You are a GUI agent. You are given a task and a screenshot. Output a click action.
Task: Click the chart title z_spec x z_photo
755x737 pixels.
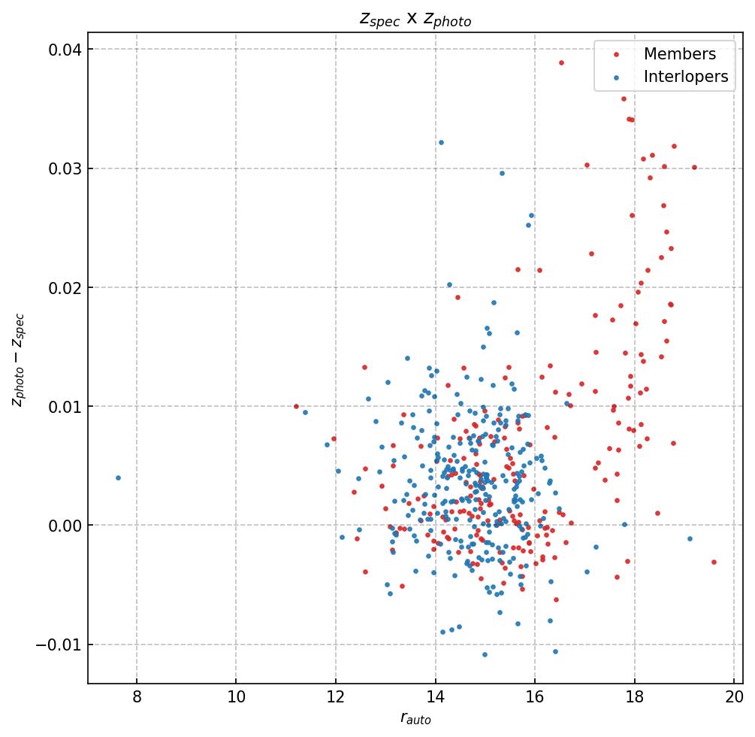(x=415, y=20)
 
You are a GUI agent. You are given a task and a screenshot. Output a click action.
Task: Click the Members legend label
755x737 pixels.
(x=679, y=54)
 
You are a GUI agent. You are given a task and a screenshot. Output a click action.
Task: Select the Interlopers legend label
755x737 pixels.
(x=685, y=77)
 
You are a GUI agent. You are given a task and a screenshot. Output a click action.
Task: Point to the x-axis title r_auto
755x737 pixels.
(x=415, y=719)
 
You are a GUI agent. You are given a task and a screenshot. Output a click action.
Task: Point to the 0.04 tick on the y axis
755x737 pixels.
(x=65, y=50)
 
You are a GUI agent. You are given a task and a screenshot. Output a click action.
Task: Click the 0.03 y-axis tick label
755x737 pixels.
(x=65, y=168)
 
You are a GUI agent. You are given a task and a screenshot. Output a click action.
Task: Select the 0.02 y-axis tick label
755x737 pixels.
(x=65, y=287)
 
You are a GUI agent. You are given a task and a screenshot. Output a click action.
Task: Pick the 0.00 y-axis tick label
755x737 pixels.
(x=65, y=526)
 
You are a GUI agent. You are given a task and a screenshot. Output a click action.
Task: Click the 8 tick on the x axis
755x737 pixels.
(x=137, y=697)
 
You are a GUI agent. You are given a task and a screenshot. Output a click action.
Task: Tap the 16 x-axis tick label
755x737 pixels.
(x=534, y=697)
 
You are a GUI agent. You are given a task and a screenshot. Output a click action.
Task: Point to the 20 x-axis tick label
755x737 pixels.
(x=733, y=697)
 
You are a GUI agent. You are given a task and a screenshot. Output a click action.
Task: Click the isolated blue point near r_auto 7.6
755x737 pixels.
(x=118, y=478)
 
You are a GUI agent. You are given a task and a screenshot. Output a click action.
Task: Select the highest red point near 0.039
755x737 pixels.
(x=561, y=62)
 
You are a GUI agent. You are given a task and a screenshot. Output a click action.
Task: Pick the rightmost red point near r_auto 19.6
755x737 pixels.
(x=714, y=562)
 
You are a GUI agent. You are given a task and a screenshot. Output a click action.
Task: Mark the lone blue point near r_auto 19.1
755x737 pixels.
(x=690, y=538)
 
